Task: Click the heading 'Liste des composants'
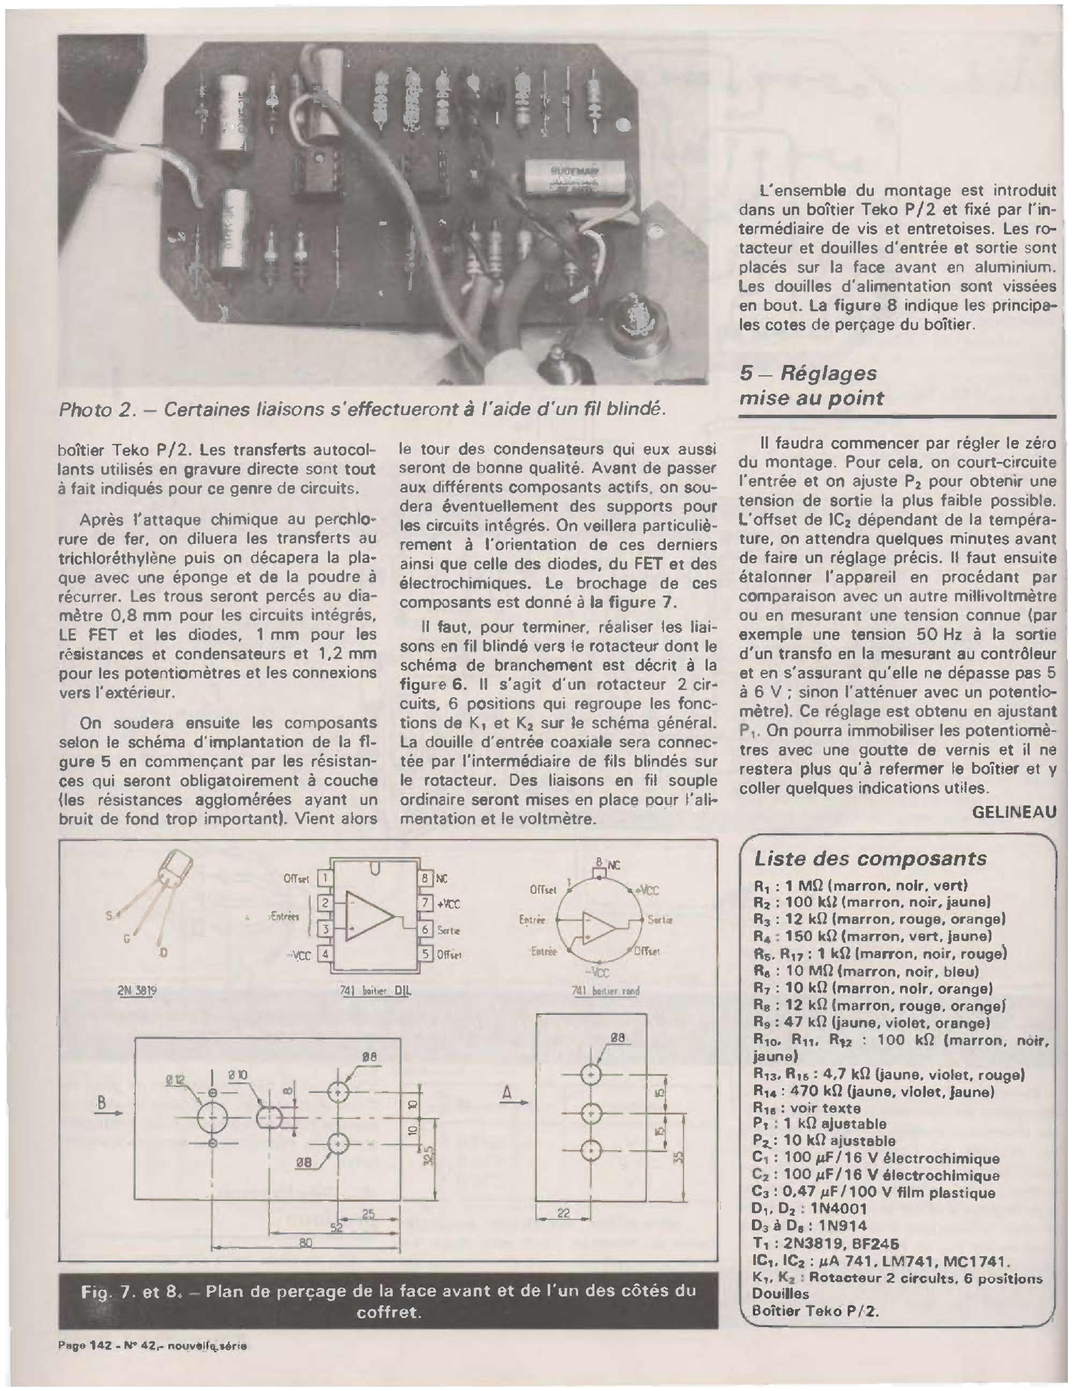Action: pos(870,859)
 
